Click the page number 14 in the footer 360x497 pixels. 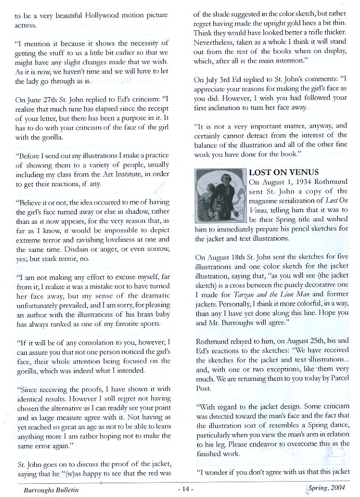coord(180,491)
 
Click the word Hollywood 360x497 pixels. coord(103,15)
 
